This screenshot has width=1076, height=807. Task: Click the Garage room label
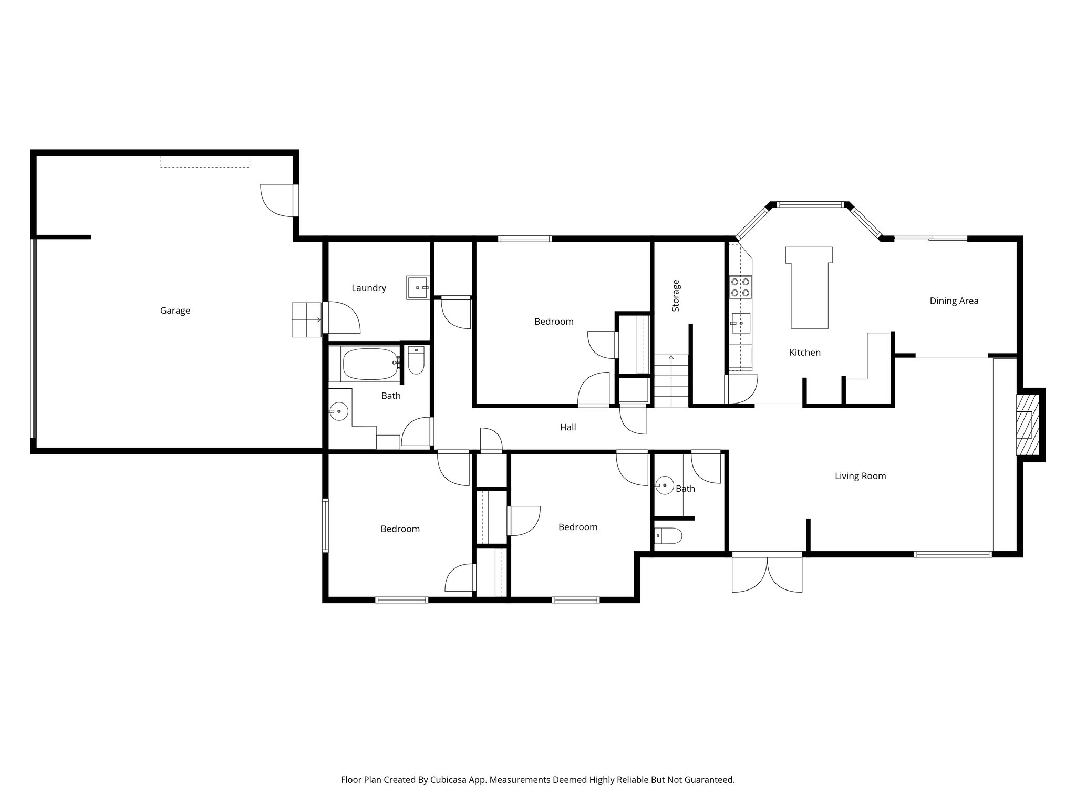point(175,311)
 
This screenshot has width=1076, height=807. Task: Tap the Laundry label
point(369,288)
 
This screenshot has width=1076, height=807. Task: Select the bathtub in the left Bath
point(370,364)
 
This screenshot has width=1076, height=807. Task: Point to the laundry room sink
point(418,288)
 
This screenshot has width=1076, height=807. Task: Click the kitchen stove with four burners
point(740,287)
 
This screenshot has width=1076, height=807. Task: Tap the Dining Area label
point(954,301)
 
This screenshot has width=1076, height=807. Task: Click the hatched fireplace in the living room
point(1028,425)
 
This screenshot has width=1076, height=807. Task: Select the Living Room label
point(860,476)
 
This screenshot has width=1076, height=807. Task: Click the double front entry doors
point(767,573)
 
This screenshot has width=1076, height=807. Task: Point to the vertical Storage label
point(676,296)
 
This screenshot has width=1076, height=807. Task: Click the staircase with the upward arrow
point(671,380)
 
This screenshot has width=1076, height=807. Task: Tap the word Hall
point(567,428)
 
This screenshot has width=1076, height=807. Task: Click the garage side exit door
point(278,200)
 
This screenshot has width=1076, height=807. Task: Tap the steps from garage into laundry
point(306,319)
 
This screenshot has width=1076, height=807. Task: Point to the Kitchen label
point(804,353)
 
